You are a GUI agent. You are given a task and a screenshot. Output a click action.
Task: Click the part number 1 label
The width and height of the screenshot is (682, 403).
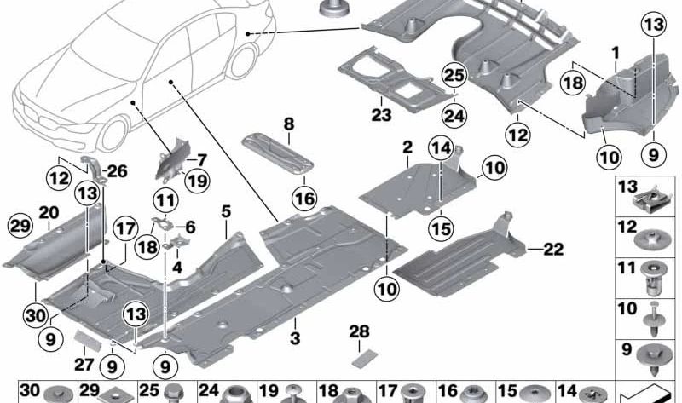pos(614,53)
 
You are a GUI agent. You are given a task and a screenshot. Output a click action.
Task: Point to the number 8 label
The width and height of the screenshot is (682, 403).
pos(288,124)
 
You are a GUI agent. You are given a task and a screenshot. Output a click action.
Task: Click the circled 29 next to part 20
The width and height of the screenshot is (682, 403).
pos(19,225)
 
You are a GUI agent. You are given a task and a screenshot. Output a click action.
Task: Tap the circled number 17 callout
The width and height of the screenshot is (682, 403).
pos(125,229)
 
